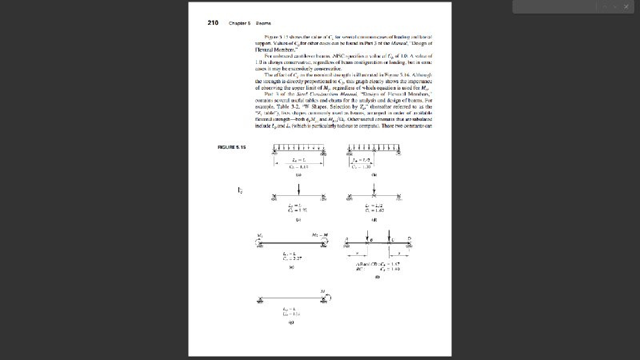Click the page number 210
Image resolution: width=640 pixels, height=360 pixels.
214,22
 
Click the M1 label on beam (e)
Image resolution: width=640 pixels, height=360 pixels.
259,236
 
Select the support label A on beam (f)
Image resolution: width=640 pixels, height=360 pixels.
347,238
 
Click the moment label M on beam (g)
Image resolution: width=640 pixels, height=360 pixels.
322,291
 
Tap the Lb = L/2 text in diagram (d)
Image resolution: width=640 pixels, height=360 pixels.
373,206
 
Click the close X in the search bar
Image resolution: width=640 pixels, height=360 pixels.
627,6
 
